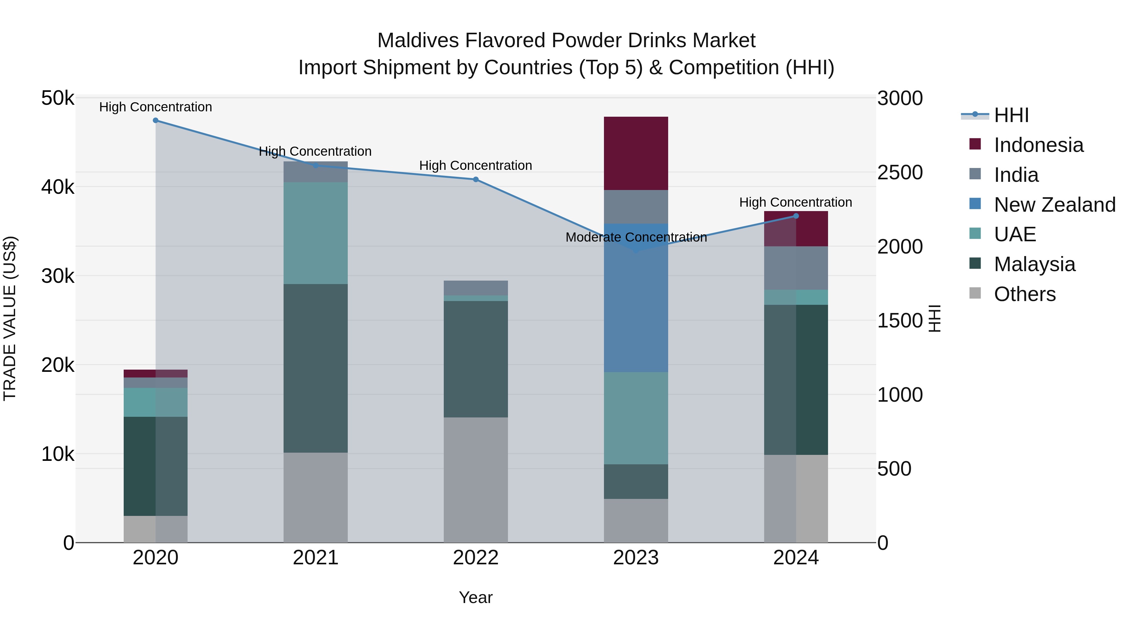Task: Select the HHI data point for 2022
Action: click(476, 179)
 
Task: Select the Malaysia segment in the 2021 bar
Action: click(315, 368)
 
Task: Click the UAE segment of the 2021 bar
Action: click(315, 233)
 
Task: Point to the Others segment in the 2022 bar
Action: click(476, 480)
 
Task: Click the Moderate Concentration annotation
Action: click(636, 237)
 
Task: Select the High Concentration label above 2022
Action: click(476, 166)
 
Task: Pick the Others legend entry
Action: click(1024, 294)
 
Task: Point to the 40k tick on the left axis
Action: click(58, 187)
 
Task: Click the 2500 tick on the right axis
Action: click(900, 172)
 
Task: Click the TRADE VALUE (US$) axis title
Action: click(10, 318)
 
